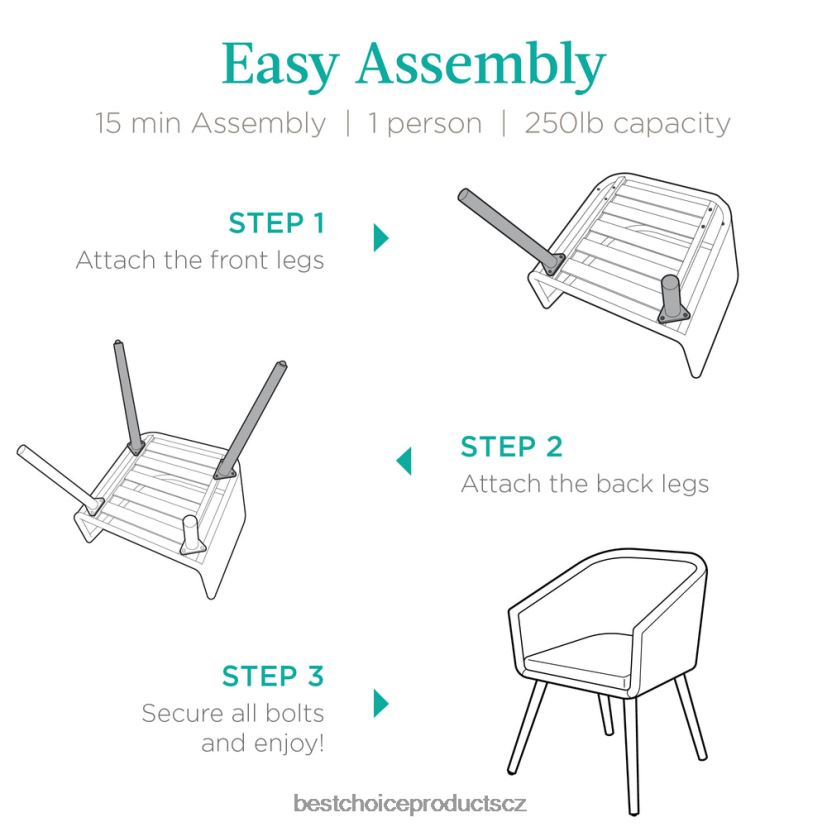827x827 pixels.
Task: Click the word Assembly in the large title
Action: [x=481, y=66]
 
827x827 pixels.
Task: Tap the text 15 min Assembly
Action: [x=210, y=124]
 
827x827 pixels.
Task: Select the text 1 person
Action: [x=425, y=124]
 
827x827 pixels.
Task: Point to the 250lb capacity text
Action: [x=628, y=124]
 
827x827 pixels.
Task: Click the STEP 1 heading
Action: [x=277, y=223]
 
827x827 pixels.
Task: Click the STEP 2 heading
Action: [x=512, y=447]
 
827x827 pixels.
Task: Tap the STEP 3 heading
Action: [x=273, y=676]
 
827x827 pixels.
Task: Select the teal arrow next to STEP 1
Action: [x=381, y=237]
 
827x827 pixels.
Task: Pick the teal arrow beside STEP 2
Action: [x=404, y=461]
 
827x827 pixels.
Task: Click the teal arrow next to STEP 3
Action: [x=381, y=703]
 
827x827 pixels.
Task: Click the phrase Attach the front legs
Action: [x=200, y=261]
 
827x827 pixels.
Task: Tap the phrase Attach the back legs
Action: [x=585, y=484]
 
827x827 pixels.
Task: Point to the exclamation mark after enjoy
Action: [x=320, y=743]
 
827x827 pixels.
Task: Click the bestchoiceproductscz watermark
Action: [x=410, y=804]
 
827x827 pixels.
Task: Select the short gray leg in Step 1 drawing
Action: [x=672, y=299]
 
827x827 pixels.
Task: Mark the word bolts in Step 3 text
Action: [x=294, y=713]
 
